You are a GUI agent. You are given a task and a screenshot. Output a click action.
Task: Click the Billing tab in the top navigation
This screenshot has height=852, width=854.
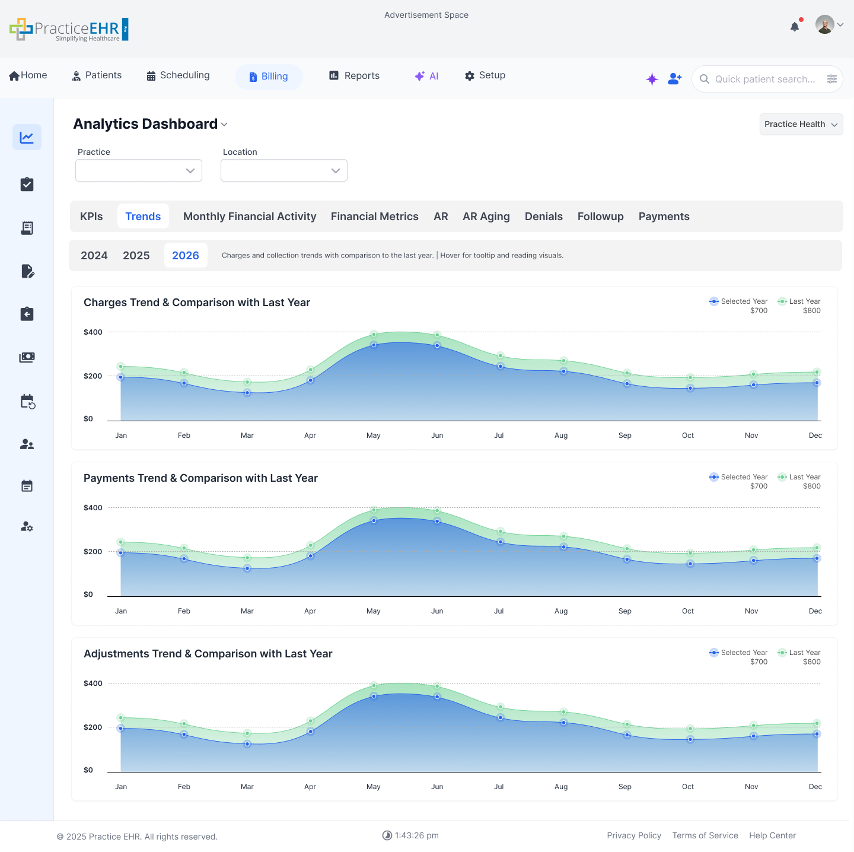tap(269, 77)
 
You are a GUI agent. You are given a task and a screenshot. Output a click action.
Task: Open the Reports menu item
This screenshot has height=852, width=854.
tap(355, 76)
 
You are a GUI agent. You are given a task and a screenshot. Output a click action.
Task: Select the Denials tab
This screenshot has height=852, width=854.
tap(543, 217)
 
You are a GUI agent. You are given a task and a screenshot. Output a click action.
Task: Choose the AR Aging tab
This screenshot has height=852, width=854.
tap(486, 217)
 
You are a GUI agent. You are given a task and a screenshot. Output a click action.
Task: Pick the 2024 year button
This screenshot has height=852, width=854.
tap(94, 256)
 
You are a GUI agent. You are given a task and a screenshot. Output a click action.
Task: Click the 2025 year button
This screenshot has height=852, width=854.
tap(136, 256)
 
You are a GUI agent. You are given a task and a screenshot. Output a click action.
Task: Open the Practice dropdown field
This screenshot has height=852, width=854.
tap(139, 171)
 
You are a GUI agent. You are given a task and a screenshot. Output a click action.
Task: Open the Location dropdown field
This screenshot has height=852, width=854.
tap(284, 171)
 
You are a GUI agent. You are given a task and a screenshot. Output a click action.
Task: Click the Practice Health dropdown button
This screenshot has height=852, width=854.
tap(801, 125)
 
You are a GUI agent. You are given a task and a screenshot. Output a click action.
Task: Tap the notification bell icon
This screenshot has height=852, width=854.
tap(795, 27)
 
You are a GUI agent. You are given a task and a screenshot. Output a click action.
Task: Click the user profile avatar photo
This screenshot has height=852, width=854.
tap(824, 25)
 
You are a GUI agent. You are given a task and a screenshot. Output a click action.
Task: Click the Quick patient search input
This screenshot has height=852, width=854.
tap(764, 80)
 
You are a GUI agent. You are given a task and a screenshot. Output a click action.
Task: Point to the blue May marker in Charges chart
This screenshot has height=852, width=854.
tap(374, 345)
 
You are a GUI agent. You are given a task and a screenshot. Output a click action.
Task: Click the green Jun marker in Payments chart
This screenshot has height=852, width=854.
tap(437, 510)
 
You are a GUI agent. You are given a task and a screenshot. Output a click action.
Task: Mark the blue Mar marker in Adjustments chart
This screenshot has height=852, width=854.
tap(247, 744)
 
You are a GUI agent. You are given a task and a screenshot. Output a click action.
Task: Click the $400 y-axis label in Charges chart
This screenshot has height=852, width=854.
tap(93, 332)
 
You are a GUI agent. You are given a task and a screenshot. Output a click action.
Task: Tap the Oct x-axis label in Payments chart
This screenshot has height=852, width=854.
tap(688, 611)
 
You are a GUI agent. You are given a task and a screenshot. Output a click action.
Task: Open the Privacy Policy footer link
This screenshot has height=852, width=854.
tap(634, 835)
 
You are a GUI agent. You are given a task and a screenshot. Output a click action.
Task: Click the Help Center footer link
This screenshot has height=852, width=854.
tap(772, 835)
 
